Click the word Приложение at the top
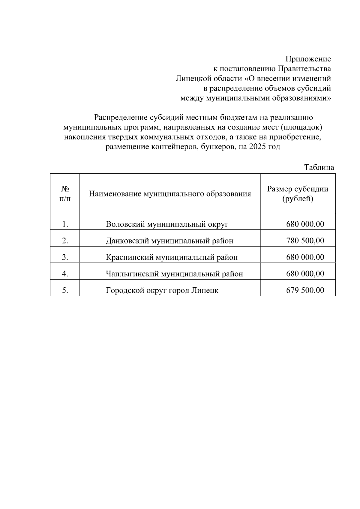tap(308, 59)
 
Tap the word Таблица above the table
tap(319, 167)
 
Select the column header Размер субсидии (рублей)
tap(298, 193)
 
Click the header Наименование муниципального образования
tap(170, 194)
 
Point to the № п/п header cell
tap(65, 193)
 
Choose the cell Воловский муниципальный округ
tap(167, 224)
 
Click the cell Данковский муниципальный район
tap(169, 241)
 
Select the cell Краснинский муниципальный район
tap(172, 257)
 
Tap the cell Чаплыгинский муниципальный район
tap(174, 274)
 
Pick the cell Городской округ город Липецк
tap(162, 290)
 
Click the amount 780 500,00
tap(305, 241)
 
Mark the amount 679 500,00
tap(305, 290)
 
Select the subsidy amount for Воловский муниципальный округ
tap(305, 224)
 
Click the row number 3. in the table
tap(65, 257)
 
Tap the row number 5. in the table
tap(65, 290)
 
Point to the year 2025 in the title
tap(255, 147)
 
